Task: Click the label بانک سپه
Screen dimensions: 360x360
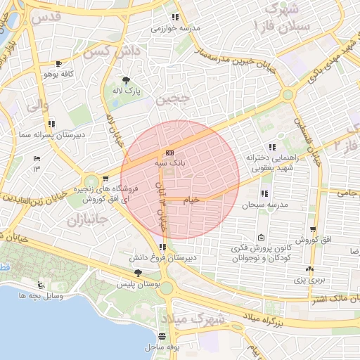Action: pos(170,162)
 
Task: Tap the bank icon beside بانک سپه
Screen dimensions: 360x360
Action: pos(169,153)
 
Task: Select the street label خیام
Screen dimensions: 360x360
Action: pos(191,200)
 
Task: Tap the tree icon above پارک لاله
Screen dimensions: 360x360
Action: pos(127,80)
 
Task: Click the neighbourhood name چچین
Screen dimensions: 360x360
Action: pos(173,100)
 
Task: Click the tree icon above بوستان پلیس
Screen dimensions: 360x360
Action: pos(137,273)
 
